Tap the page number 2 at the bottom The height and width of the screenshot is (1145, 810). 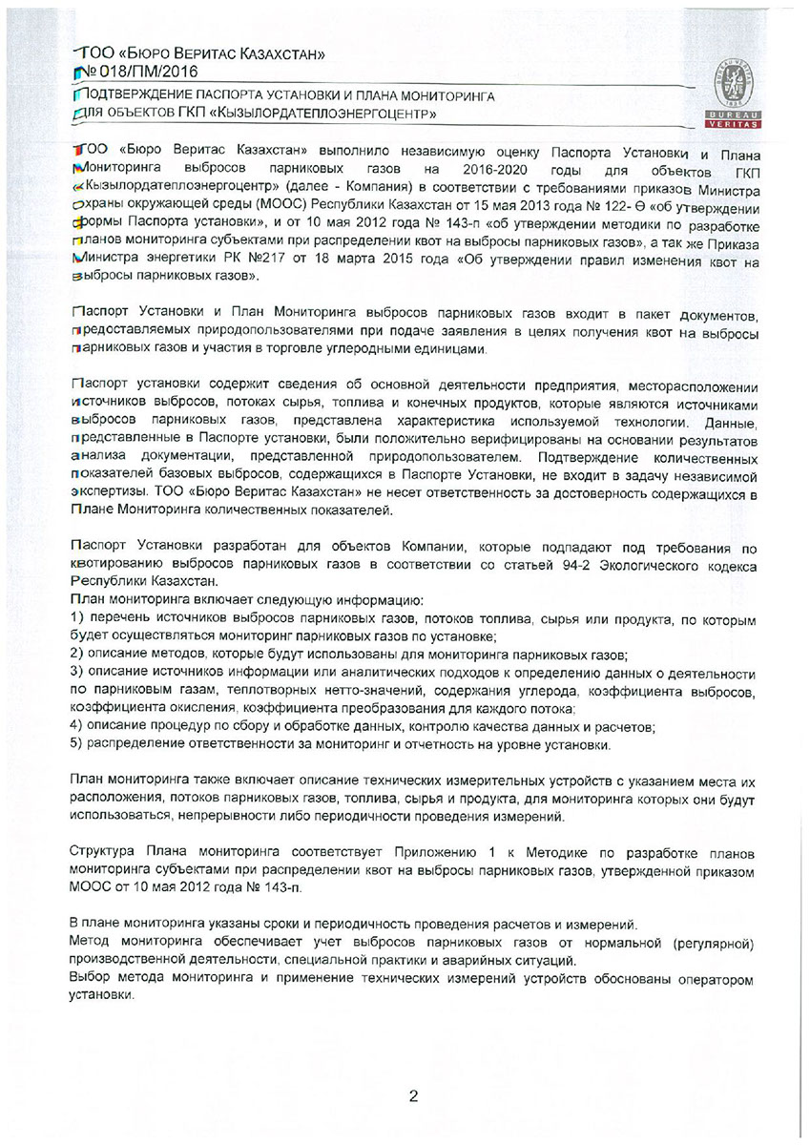[x=413, y=1095]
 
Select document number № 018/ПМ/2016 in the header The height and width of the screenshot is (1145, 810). [x=138, y=70]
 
